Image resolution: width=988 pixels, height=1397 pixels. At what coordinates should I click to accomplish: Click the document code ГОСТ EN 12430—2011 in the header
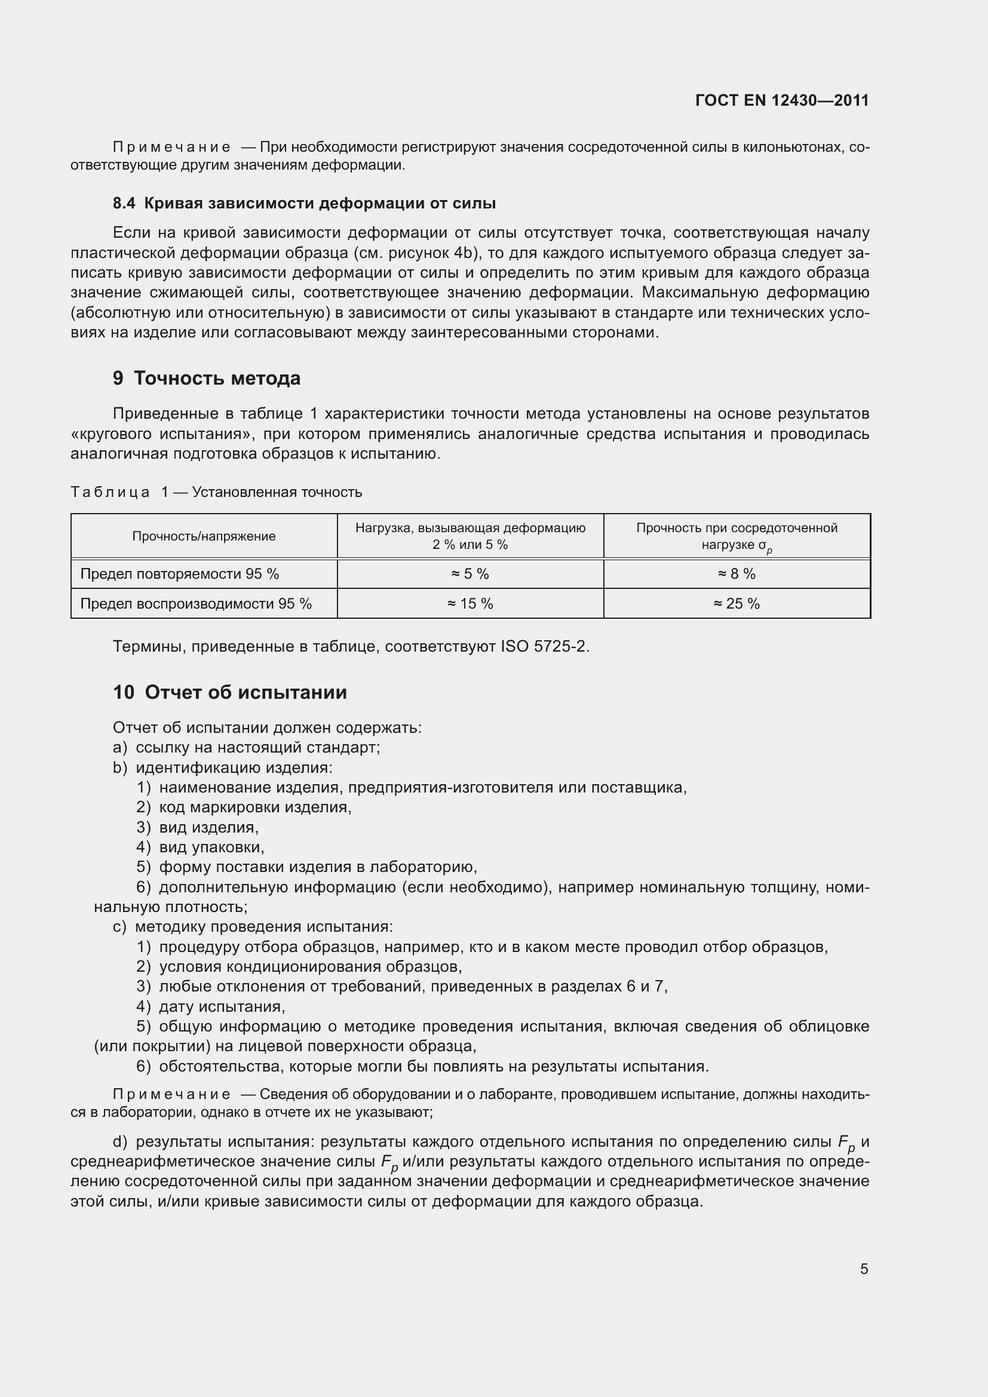(x=782, y=100)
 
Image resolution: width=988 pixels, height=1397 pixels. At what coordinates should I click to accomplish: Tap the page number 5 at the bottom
(x=864, y=1269)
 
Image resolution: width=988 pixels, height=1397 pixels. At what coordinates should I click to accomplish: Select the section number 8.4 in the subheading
(x=124, y=203)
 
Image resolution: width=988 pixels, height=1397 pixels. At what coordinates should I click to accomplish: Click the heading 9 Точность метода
(x=207, y=379)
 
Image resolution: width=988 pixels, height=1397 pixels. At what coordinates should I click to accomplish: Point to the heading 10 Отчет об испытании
(x=230, y=692)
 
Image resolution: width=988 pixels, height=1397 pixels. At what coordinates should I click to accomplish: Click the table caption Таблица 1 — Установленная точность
(x=216, y=492)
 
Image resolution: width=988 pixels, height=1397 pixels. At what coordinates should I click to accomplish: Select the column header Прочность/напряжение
(x=204, y=536)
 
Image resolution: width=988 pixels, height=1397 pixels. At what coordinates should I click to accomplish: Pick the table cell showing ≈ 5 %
(x=470, y=574)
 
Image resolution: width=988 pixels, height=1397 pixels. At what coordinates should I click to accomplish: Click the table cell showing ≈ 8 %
(x=736, y=574)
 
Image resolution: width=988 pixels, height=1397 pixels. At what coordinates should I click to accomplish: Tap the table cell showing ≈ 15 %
(x=470, y=604)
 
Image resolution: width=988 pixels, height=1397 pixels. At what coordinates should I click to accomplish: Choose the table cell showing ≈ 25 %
(x=736, y=604)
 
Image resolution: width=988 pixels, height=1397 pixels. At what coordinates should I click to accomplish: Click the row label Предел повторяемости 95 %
(x=179, y=574)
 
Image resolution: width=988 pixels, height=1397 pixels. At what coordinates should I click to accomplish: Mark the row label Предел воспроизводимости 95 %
(x=196, y=604)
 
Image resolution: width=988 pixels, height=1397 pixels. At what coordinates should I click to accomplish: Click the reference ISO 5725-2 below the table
(x=544, y=646)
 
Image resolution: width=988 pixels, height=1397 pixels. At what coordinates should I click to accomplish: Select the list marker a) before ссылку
(x=120, y=748)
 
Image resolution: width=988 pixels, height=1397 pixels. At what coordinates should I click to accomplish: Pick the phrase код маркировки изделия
(x=255, y=808)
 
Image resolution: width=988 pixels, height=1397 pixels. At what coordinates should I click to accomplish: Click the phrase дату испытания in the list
(x=222, y=1006)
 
